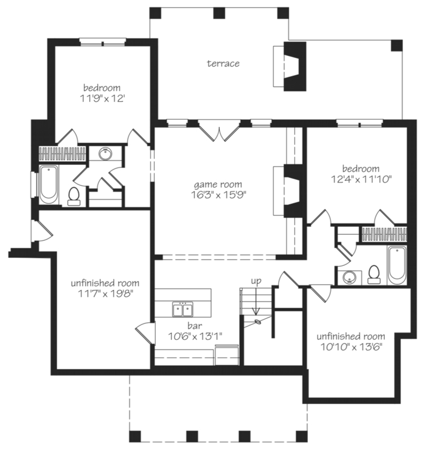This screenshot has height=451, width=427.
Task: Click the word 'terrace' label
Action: (x=223, y=64)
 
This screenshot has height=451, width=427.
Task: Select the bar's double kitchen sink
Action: (x=183, y=310)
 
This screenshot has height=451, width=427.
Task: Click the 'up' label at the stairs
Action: (x=256, y=280)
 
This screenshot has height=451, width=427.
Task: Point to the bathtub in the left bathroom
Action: (x=49, y=185)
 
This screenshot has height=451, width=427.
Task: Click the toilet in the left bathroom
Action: (x=74, y=196)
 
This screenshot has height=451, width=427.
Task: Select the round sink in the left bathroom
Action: (x=105, y=154)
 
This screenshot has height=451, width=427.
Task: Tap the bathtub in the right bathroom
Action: (x=396, y=265)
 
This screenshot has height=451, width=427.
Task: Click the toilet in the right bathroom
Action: (x=374, y=274)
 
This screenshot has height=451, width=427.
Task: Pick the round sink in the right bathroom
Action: (x=349, y=278)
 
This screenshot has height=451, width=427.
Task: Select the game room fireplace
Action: (x=293, y=191)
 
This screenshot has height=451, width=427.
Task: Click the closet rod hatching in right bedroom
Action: (x=384, y=234)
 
